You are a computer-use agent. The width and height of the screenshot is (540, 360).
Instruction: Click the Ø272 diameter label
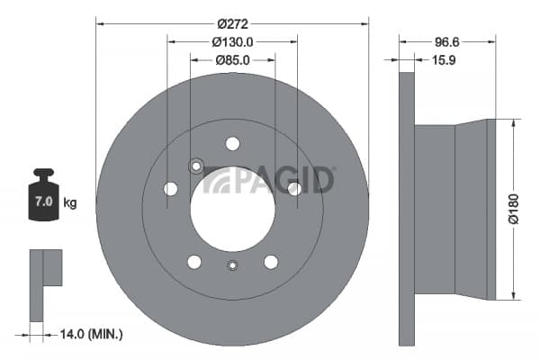click(232, 24)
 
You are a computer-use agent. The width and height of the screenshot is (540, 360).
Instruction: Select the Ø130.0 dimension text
click(232, 42)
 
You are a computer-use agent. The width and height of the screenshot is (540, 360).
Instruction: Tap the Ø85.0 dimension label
click(232, 60)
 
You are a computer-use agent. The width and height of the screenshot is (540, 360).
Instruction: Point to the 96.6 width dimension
click(447, 42)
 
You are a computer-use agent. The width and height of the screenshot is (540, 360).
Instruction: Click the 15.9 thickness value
click(444, 60)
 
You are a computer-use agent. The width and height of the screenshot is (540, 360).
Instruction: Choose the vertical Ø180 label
click(514, 209)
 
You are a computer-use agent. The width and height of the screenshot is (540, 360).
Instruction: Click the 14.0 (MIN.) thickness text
click(91, 334)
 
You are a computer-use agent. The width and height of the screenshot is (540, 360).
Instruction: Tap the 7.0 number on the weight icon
click(44, 202)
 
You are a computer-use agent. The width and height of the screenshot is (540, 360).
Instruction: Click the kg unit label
click(70, 202)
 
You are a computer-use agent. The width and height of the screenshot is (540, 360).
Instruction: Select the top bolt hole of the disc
click(232, 144)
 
